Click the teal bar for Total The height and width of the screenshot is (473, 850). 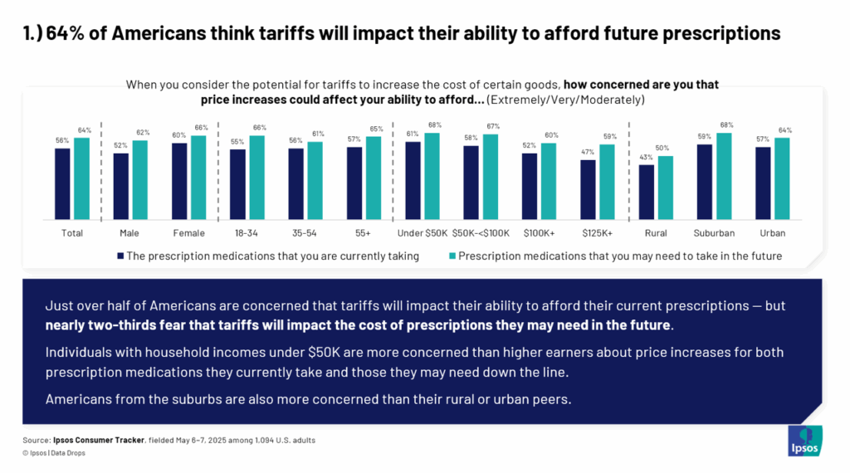pos(81,178)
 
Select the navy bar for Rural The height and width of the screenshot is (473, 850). pos(647,193)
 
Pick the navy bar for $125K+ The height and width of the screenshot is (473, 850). pos(589,190)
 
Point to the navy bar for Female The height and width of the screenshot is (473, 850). pos(179,181)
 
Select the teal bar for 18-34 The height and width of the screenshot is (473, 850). pos(256,178)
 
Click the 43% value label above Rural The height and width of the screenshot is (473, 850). pos(646,158)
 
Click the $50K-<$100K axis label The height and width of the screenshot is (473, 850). pos(481,233)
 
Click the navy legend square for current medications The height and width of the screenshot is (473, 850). pos(120,256)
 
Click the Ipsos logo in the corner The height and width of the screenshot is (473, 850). pos(804,440)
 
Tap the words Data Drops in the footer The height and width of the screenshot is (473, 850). pos(70,453)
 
